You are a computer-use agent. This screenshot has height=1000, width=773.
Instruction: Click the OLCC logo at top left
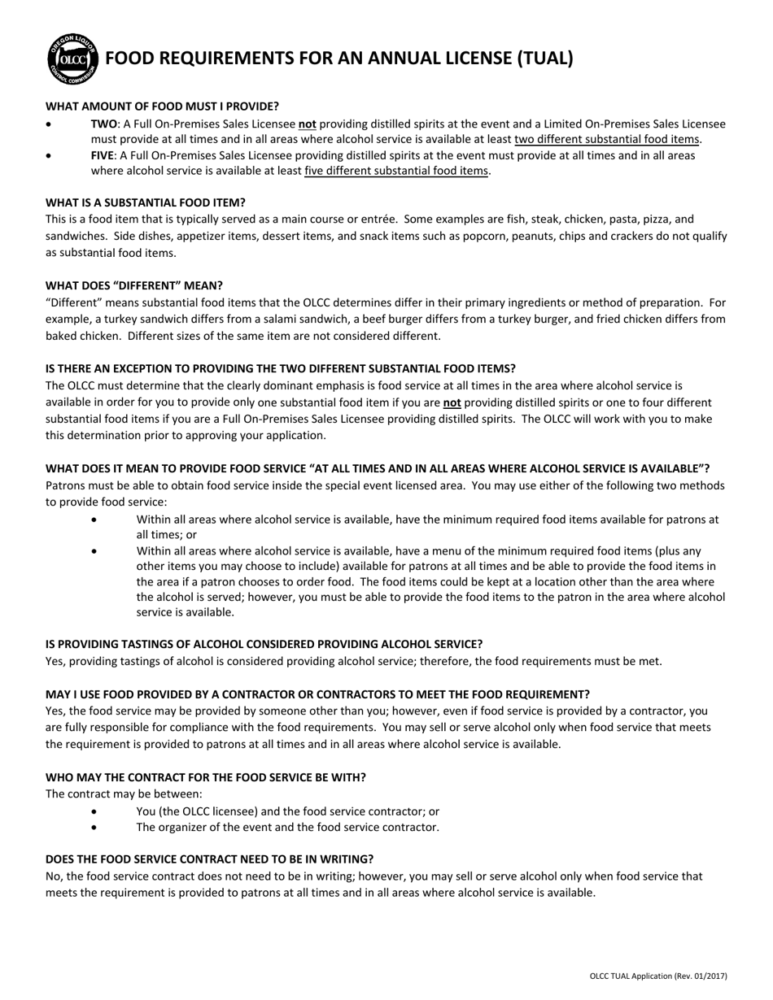click(74, 59)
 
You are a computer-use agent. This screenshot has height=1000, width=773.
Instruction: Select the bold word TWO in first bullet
click(103, 124)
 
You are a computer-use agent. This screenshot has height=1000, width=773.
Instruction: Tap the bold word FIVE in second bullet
click(103, 154)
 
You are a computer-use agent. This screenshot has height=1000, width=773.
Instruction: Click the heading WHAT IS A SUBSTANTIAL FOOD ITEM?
click(145, 202)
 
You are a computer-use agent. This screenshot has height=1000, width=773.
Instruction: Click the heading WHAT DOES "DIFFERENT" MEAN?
click(133, 285)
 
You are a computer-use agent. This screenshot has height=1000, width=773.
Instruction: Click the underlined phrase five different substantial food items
click(396, 171)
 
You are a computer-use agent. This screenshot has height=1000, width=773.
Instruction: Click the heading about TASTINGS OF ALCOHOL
click(264, 644)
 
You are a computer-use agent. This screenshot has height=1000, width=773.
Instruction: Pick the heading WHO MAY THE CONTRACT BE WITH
click(205, 777)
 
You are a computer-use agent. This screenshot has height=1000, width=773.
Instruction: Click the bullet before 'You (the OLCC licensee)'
click(98, 811)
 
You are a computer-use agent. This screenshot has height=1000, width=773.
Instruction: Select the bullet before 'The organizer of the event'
click(98, 828)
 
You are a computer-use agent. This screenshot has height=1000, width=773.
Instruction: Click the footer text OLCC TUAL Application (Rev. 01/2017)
click(658, 976)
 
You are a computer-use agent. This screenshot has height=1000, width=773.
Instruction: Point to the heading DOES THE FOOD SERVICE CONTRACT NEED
click(209, 859)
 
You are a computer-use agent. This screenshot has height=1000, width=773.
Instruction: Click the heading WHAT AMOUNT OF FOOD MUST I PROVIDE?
click(162, 107)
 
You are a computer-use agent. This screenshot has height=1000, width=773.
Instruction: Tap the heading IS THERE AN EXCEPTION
click(280, 368)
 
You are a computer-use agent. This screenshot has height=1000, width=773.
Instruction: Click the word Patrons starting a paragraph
click(66, 485)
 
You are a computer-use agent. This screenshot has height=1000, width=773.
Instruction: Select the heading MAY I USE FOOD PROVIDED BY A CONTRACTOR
click(317, 693)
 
